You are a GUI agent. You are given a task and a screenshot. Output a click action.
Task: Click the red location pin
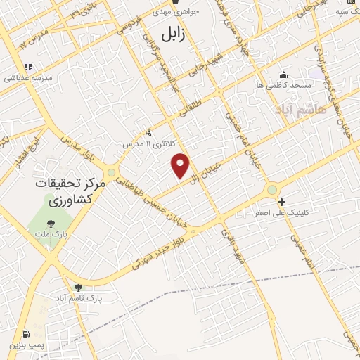point(181,165)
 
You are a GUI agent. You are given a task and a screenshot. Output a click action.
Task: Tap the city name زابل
point(172,34)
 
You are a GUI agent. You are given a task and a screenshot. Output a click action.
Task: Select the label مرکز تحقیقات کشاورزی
point(69,191)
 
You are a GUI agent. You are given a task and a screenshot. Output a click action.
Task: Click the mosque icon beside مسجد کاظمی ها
point(284,75)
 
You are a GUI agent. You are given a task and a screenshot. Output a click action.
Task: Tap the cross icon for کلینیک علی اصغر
point(281,202)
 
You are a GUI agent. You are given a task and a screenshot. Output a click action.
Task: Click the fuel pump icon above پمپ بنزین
point(26,334)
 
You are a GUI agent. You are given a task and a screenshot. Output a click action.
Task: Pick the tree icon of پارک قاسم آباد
point(78,287)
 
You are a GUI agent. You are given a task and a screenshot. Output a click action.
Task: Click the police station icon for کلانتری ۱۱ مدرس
point(148,133)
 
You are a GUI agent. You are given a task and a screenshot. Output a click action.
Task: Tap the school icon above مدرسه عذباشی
point(28,68)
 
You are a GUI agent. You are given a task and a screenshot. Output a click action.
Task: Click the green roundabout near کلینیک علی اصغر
point(271,190)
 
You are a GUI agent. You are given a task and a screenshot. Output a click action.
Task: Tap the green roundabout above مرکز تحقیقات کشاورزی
point(111,172)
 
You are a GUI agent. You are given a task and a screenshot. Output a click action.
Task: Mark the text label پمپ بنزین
point(26,345)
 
